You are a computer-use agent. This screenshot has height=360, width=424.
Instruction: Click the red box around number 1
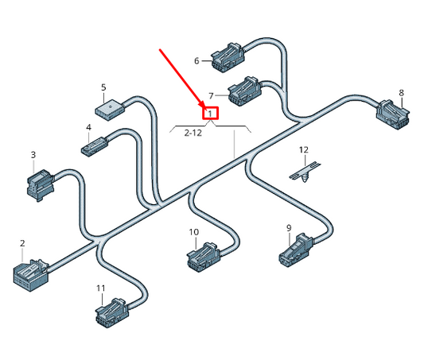click(210, 113)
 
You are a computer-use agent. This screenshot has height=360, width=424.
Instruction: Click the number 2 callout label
click(22, 243)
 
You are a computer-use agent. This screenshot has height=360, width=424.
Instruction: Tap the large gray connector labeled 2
click(30, 272)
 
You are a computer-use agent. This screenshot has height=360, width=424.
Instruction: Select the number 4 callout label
click(88, 127)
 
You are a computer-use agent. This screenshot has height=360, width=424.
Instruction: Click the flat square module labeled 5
click(111, 106)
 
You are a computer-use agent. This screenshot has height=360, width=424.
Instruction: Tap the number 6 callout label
click(196, 60)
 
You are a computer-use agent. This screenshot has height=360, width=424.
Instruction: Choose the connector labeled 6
click(228, 54)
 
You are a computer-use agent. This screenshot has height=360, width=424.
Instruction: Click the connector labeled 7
click(244, 92)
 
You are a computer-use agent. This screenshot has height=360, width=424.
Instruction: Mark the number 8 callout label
click(401, 93)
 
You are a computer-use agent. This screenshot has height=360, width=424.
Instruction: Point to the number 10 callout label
click(193, 232)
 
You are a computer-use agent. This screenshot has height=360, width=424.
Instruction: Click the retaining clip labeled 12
click(305, 170)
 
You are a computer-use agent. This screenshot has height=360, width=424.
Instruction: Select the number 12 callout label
click(303, 150)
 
